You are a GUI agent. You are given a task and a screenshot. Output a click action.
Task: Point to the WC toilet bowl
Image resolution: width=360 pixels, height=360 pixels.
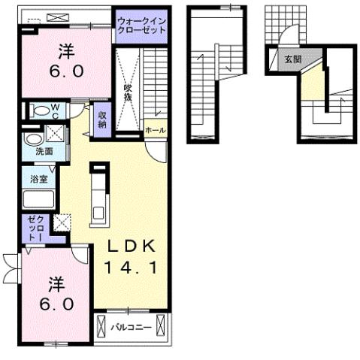[40, 110]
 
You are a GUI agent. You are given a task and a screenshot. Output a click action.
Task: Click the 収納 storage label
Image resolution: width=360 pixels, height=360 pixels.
[102, 119]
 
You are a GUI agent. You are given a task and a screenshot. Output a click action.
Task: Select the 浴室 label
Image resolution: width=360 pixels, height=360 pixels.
[40, 180]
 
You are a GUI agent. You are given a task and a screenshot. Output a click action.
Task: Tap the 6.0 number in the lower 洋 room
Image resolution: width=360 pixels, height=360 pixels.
[56, 306]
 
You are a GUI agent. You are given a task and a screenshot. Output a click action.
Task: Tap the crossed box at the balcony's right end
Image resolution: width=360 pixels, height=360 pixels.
[166, 328]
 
